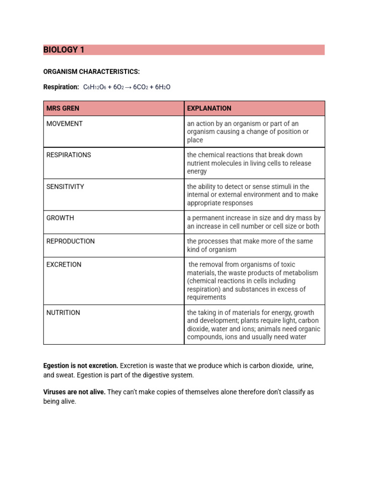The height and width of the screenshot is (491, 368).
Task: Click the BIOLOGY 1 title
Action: pos(64,50)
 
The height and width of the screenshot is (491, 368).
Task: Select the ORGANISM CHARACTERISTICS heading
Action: pos(92,71)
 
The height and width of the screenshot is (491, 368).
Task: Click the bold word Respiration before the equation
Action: pos(61,87)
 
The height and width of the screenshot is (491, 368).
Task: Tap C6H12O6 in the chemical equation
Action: pos(94,87)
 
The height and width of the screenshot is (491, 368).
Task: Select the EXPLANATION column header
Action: pos(209,108)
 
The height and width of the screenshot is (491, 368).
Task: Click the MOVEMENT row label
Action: pos(64,124)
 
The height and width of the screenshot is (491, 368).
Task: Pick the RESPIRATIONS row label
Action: pos(69,155)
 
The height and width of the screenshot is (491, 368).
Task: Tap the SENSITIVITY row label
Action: pos(65,187)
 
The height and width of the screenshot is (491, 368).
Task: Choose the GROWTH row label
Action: pos(60,218)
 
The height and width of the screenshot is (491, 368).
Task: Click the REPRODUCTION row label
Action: pos(70,241)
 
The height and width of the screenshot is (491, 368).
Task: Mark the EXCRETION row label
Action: pos(64,265)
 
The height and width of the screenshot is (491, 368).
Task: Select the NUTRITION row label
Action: pos(63,313)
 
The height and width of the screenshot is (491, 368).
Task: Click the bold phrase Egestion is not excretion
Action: pos(80,366)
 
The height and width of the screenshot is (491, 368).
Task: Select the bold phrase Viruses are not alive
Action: pos(74,392)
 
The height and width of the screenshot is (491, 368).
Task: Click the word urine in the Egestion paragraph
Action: pos(305,366)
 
